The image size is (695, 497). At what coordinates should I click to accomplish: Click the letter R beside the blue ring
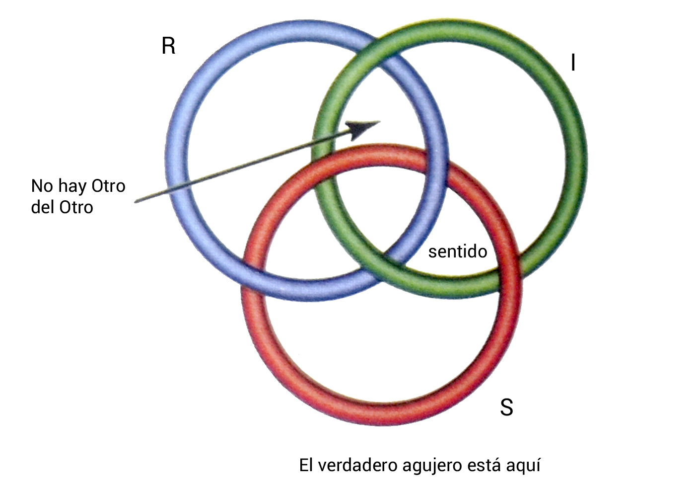click(169, 46)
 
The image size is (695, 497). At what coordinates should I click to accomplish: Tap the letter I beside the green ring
click(573, 63)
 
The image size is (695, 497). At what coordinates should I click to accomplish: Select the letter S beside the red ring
click(506, 407)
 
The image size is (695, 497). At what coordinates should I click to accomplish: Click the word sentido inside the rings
click(457, 251)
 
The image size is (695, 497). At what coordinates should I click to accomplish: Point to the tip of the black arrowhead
click(380, 121)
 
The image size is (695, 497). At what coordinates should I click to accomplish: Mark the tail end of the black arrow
click(136, 202)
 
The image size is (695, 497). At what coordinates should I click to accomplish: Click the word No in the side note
click(42, 186)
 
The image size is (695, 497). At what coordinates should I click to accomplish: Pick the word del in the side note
click(43, 207)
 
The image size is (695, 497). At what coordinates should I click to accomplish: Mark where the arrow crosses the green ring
click(322, 140)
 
